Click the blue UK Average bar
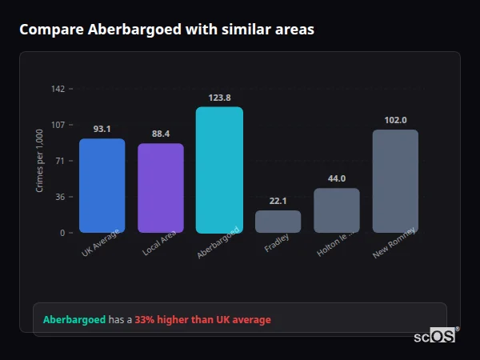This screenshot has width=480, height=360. pyautogui.click(x=102, y=186)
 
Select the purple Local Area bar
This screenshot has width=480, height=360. pyautogui.click(x=160, y=188)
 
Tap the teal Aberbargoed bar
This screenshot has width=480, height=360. pyautogui.click(x=219, y=170)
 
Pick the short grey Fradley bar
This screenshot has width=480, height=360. pyautogui.click(x=278, y=222)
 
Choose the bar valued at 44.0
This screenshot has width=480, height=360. pyautogui.click(x=337, y=210)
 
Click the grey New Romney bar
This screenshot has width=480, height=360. pyautogui.click(x=395, y=181)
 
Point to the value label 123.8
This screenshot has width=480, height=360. pyautogui.click(x=219, y=98)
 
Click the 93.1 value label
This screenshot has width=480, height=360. pyautogui.click(x=102, y=129)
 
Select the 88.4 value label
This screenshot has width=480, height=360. pyautogui.click(x=160, y=134)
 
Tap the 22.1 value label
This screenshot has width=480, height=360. pyautogui.click(x=278, y=201)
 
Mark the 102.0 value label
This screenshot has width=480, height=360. pyautogui.click(x=395, y=120)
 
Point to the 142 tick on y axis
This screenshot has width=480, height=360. pyautogui.click(x=58, y=89)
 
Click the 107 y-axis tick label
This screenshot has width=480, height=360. pyautogui.click(x=58, y=125)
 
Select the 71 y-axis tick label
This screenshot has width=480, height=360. pyautogui.click(x=60, y=161)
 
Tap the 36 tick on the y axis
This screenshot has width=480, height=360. pyautogui.click(x=60, y=197)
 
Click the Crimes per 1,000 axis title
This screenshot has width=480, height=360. pyautogui.click(x=40, y=161)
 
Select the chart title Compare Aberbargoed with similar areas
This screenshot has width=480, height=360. pyautogui.click(x=166, y=30)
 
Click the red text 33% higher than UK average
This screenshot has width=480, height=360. pyautogui.click(x=202, y=320)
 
